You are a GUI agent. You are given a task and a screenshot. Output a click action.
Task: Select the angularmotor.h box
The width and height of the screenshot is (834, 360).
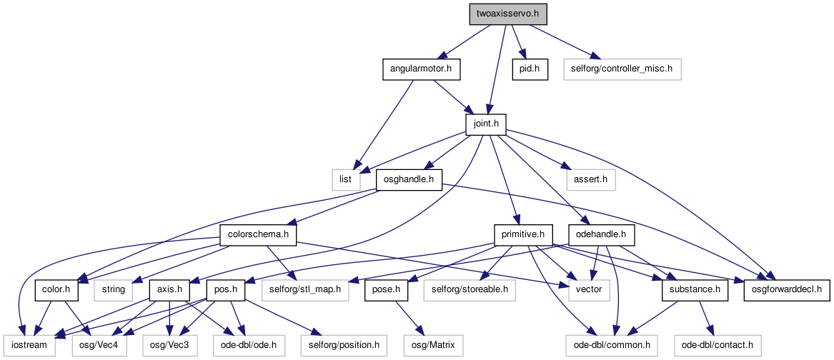(421, 70)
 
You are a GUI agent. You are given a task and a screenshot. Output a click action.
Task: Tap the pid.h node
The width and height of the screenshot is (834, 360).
(530, 70)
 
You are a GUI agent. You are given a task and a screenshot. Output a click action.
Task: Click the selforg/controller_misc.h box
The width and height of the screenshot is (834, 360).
(622, 70)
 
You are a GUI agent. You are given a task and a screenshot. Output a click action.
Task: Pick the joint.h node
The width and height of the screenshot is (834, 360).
(485, 124)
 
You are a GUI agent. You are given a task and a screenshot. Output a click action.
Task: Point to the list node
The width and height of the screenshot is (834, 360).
(346, 180)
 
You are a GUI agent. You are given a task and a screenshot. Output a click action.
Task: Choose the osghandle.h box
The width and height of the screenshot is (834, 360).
(409, 180)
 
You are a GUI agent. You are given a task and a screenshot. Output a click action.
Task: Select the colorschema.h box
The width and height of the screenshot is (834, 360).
(257, 235)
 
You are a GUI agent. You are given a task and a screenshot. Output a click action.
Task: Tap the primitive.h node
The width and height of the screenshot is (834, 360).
(523, 235)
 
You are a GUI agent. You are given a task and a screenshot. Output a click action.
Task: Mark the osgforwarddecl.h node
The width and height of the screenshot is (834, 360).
(787, 290)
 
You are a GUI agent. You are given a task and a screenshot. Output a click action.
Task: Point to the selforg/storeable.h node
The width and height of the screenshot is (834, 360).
(470, 290)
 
